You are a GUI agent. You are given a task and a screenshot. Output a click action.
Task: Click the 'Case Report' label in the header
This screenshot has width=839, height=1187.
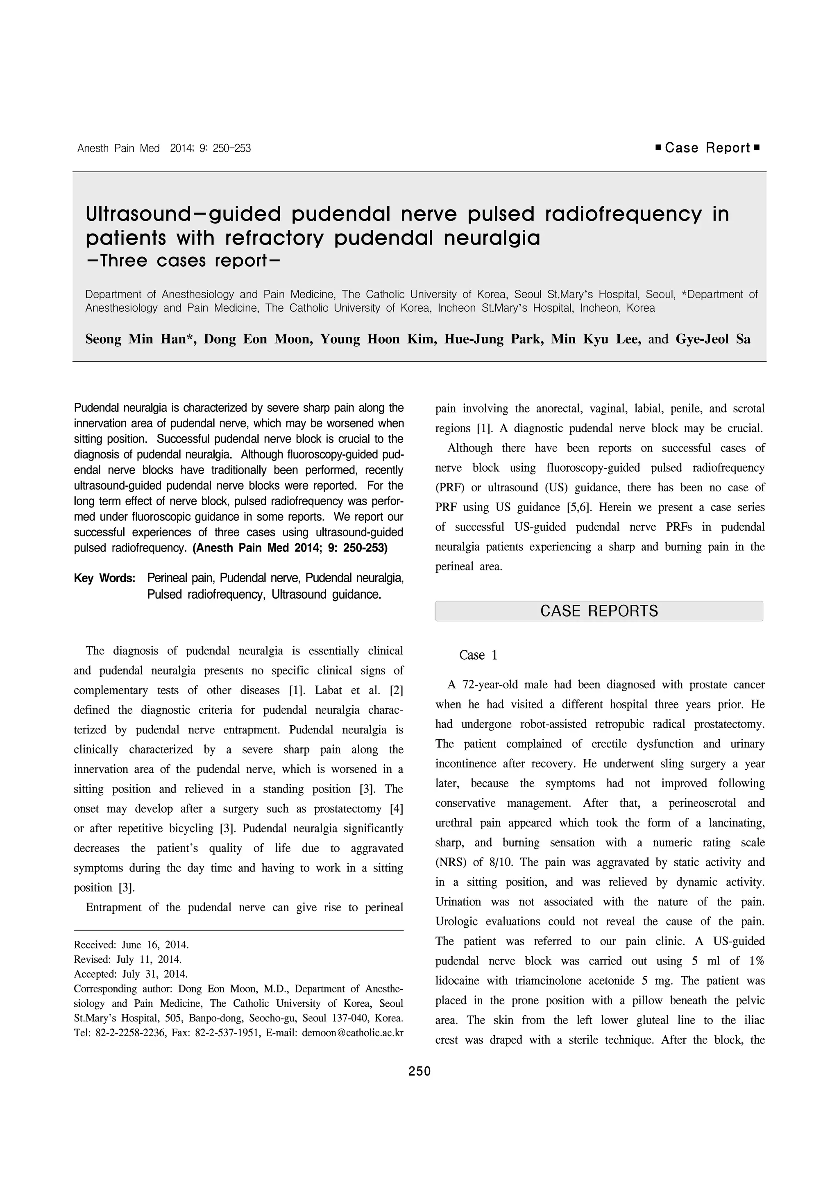click(707, 148)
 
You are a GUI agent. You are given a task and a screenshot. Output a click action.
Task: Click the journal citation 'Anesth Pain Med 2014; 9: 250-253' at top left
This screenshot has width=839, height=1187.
click(164, 148)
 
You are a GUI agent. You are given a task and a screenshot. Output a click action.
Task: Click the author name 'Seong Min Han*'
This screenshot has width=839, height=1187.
click(140, 339)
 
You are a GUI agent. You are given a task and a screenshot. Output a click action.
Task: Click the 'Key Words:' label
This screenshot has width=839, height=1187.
click(104, 578)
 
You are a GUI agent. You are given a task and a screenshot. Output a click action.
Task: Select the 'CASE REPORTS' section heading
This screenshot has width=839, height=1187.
click(599, 611)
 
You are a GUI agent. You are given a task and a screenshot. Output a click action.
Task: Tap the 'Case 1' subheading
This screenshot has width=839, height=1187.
click(478, 655)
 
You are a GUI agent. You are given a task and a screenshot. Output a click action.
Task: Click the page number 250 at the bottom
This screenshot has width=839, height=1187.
click(419, 1071)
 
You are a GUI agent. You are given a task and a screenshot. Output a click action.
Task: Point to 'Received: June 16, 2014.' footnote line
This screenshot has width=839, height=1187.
click(132, 944)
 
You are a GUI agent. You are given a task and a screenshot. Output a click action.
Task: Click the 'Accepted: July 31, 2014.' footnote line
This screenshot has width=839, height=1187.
click(131, 974)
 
